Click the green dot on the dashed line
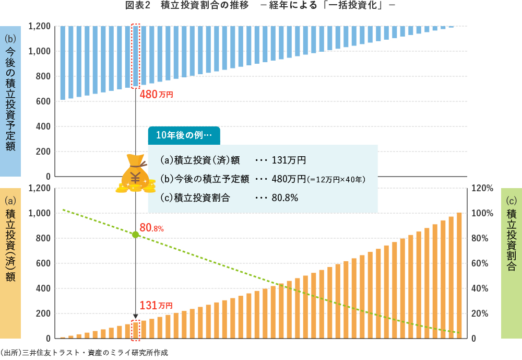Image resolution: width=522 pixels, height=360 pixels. pos(135,235)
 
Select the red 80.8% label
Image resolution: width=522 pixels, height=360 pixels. pos(152,228)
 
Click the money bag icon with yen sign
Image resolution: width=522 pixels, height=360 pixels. pos(135,173)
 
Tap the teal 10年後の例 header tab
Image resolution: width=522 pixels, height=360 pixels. pos(184,134)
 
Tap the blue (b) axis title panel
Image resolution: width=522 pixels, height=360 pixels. pos(10,100)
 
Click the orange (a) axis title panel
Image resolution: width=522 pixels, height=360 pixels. pos(10,264)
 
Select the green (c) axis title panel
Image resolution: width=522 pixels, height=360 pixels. pos(511,264)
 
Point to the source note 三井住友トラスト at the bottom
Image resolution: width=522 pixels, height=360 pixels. pos(84,353)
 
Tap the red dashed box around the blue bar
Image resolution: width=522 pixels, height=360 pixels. pos(136,55)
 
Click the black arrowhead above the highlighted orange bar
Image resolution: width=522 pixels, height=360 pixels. pos(136,316)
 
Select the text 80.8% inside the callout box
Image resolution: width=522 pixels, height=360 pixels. pos(285,198)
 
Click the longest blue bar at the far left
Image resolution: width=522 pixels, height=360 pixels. pos(63,63)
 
